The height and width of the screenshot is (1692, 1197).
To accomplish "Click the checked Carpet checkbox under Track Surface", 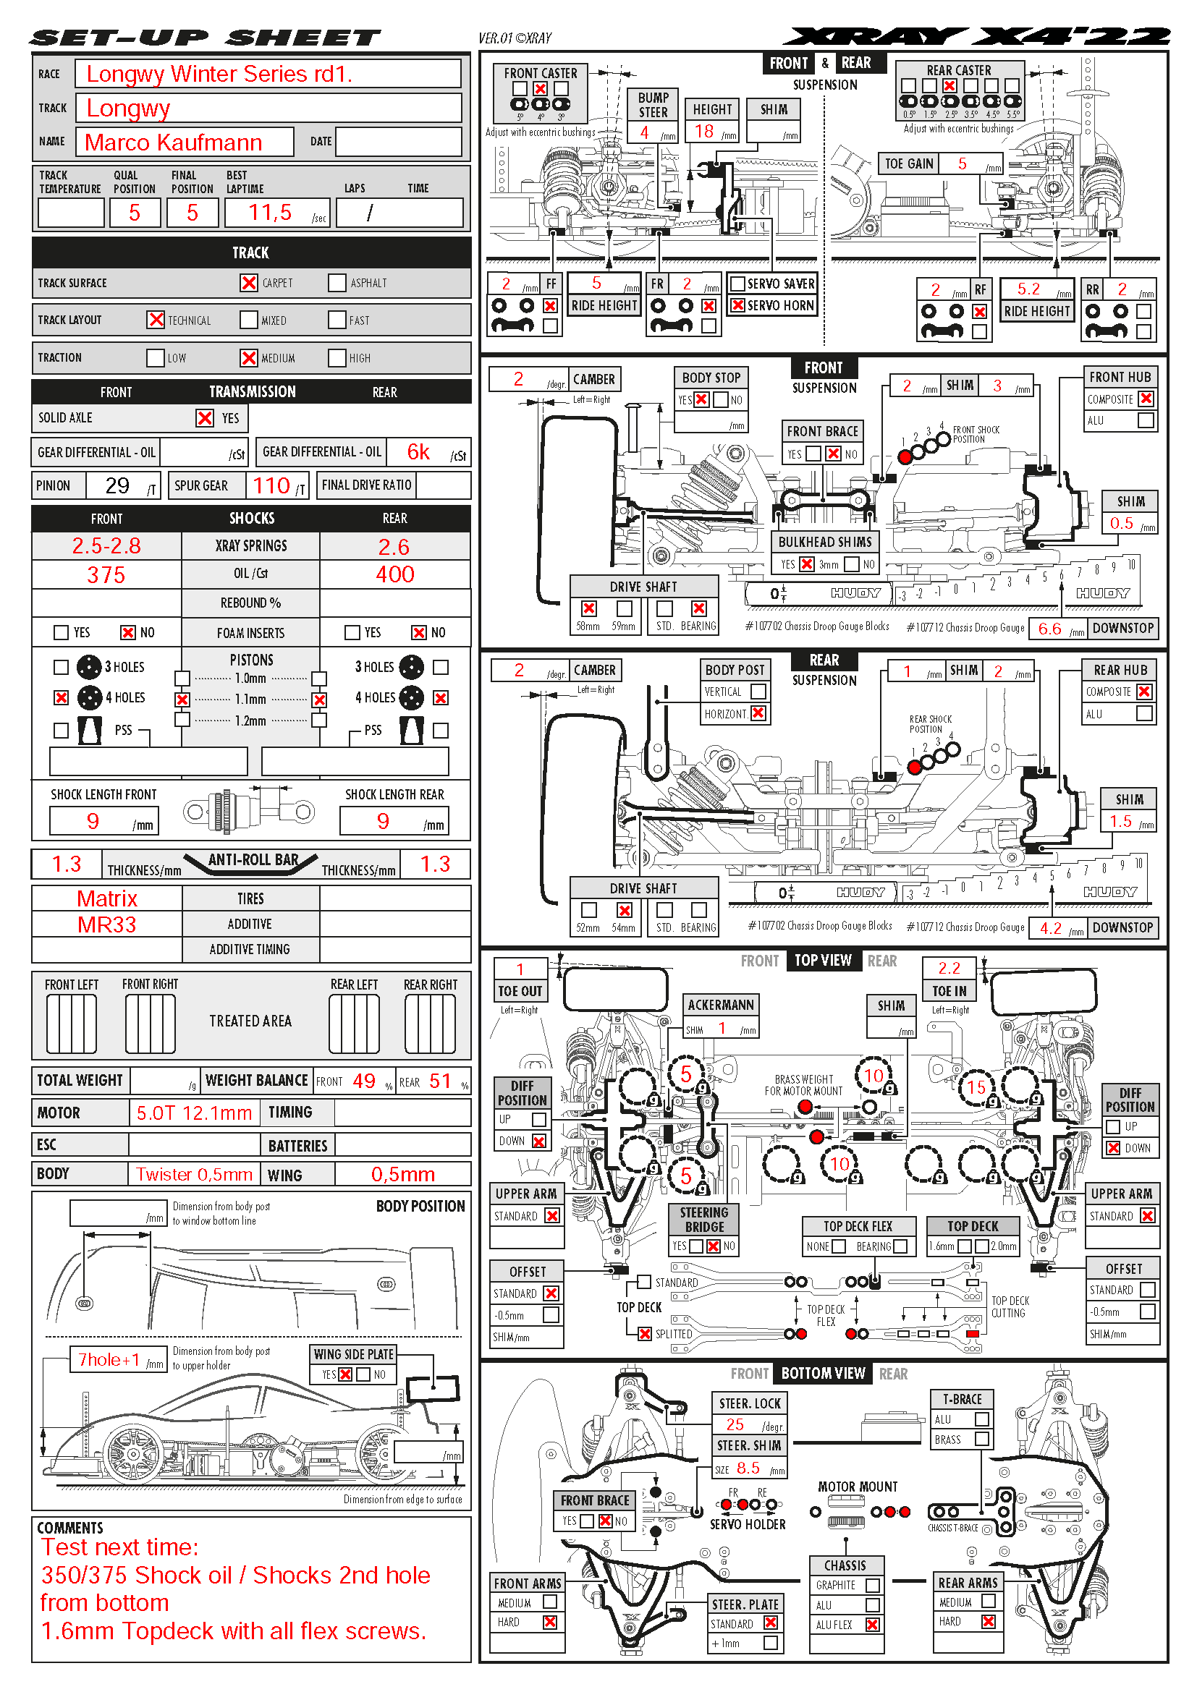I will click(x=248, y=283).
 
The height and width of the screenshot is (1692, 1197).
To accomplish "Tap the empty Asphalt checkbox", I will click(x=337, y=283).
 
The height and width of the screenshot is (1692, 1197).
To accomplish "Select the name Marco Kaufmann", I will click(x=173, y=143).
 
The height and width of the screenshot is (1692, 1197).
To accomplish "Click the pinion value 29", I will click(x=117, y=485).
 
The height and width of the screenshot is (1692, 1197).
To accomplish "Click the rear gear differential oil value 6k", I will click(x=418, y=451).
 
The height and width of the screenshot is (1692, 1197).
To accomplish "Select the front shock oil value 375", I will click(x=106, y=575).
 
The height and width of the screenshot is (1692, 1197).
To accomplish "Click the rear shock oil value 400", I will click(x=395, y=574).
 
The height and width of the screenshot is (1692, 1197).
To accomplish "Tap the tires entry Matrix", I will click(x=107, y=898).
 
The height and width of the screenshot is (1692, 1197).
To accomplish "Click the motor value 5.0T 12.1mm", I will click(x=194, y=1113).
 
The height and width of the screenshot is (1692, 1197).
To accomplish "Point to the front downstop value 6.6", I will click(x=1049, y=629).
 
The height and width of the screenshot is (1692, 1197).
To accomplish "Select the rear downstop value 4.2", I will click(x=1050, y=929).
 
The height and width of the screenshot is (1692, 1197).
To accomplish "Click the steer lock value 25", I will click(x=735, y=1424).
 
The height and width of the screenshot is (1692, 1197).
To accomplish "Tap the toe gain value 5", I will click(x=962, y=163).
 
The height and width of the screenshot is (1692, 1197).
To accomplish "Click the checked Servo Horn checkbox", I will click(x=737, y=305).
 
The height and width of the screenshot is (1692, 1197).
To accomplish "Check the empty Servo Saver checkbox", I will click(x=737, y=284).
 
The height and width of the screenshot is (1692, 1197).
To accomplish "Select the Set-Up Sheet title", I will click(x=205, y=38).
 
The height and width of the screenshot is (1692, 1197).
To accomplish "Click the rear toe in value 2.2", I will click(x=949, y=969).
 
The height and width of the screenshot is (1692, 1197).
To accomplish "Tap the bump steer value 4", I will click(x=644, y=132).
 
